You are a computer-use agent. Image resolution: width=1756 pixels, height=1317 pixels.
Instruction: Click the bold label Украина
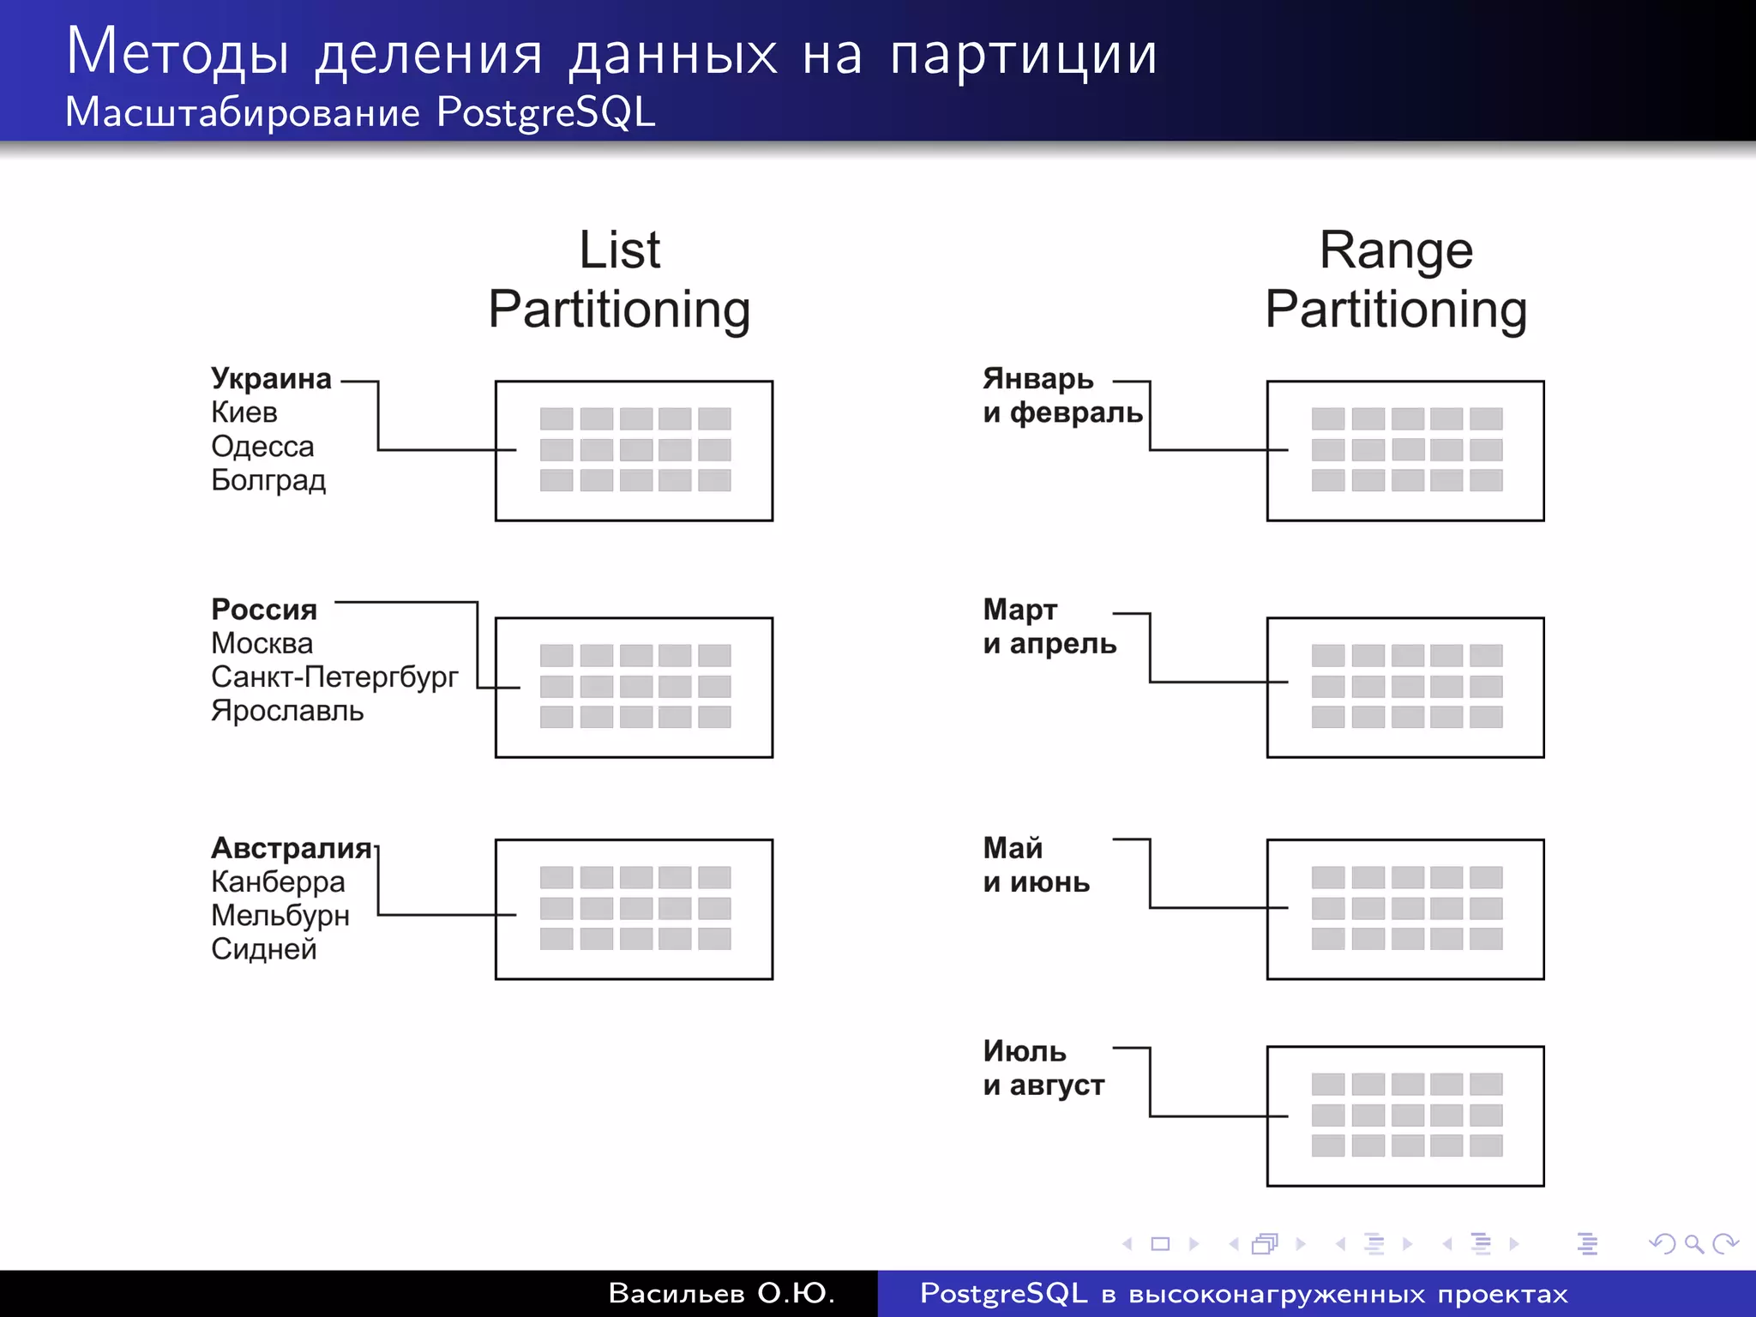pyautogui.click(x=271, y=379)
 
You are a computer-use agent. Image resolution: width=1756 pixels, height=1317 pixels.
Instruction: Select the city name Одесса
pyautogui.click(x=262, y=447)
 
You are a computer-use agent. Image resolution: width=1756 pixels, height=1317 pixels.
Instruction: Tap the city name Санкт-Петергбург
pyautogui.click(x=334, y=677)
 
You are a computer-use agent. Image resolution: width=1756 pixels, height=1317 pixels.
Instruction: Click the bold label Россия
pyautogui.click(x=264, y=610)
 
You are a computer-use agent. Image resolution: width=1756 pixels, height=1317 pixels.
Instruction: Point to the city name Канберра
pyautogui.click(x=278, y=881)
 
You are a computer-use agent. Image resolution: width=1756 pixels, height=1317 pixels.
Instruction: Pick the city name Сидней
pyautogui.click(x=264, y=949)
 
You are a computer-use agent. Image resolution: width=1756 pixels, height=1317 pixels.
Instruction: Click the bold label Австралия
pyautogui.click(x=292, y=848)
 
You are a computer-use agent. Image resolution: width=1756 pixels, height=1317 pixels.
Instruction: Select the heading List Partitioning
pyautogui.click(x=619, y=280)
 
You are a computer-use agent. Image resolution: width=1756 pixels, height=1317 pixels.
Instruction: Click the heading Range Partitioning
pyautogui.click(x=1396, y=280)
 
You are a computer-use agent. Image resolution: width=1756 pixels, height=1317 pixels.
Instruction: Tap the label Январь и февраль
pyautogui.click(x=1061, y=396)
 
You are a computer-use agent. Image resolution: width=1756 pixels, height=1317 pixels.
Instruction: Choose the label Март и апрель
pyautogui.click(x=1049, y=627)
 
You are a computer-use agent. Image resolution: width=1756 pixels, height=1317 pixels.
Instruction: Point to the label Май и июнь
pyautogui.click(x=1036, y=865)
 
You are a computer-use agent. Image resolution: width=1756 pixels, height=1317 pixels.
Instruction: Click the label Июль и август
pyautogui.click(x=1043, y=1068)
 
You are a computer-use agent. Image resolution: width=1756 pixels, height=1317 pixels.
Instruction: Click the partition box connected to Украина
pyautogui.click(x=634, y=451)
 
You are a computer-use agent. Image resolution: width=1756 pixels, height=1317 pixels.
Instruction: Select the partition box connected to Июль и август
pyautogui.click(x=1405, y=1116)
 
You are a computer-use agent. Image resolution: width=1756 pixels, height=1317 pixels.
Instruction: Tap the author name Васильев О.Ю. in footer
pyautogui.click(x=721, y=1293)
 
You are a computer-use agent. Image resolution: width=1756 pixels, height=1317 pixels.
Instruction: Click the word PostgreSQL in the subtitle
pyautogui.click(x=545, y=112)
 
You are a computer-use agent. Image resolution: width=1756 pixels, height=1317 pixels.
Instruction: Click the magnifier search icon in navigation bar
pyautogui.click(x=1693, y=1243)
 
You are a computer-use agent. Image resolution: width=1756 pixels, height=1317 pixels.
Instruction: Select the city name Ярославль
pyautogui.click(x=287, y=712)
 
